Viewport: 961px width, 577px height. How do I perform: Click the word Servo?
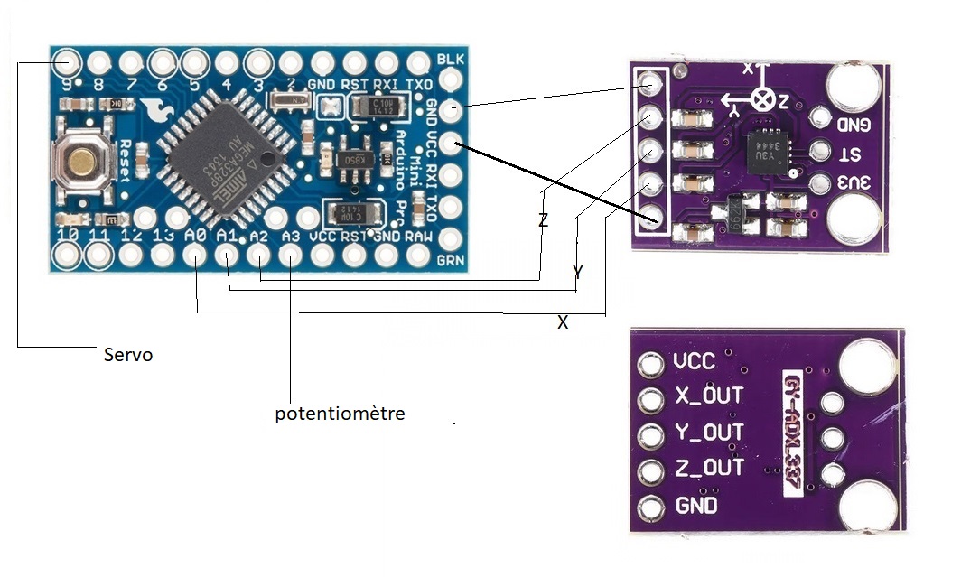(127, 355)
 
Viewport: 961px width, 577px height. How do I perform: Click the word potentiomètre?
(340, 414)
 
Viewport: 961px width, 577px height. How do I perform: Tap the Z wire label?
(543, 219)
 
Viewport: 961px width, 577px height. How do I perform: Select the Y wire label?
(577, 272)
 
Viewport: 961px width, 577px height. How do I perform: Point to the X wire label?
(563, 321)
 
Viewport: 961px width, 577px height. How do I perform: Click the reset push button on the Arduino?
(83, 163)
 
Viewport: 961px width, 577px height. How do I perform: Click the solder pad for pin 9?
(65, 63)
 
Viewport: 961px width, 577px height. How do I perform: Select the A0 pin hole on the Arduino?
(194, 256)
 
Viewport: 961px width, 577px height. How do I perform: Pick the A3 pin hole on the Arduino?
(290, 256)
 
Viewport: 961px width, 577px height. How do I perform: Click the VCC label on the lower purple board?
(694, 362)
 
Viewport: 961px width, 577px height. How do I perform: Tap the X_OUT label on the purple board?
(708, 396)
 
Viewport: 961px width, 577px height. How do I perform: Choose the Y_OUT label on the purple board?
(708, 433)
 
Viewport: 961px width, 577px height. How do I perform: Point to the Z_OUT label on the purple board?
(708, 468)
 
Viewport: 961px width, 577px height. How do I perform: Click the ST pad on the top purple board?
(821, 152)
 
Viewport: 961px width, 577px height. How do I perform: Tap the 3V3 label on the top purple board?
(854, 183)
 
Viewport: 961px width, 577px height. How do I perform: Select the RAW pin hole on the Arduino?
(419, 256)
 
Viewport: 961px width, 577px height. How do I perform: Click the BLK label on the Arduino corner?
(448, 60)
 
